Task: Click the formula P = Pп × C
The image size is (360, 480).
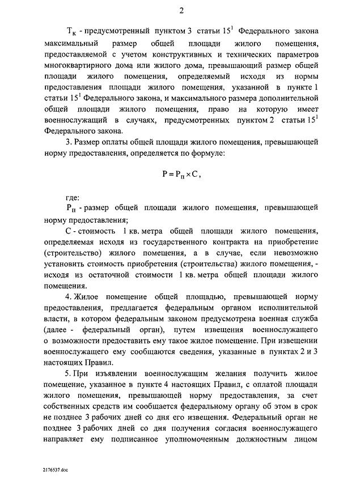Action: [181, 175]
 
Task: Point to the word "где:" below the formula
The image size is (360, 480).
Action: [73, 198]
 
